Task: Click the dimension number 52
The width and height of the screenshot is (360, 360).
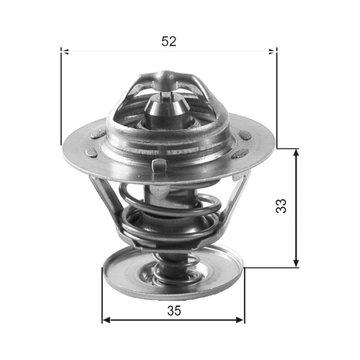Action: (x=169, y=41)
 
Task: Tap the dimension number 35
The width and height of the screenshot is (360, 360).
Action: (x=174, y=311)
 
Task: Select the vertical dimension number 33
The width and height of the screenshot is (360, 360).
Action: (x=281, y=206)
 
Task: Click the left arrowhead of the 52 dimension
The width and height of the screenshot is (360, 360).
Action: (x=65, y=52)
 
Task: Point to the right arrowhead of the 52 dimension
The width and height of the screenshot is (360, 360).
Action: (x=273, y=52)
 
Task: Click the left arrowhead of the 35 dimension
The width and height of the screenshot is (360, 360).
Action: (x=106, y=320)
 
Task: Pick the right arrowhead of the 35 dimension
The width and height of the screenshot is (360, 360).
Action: (x=240, y=320)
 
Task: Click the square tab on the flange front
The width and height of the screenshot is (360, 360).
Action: (x=159, y=166)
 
